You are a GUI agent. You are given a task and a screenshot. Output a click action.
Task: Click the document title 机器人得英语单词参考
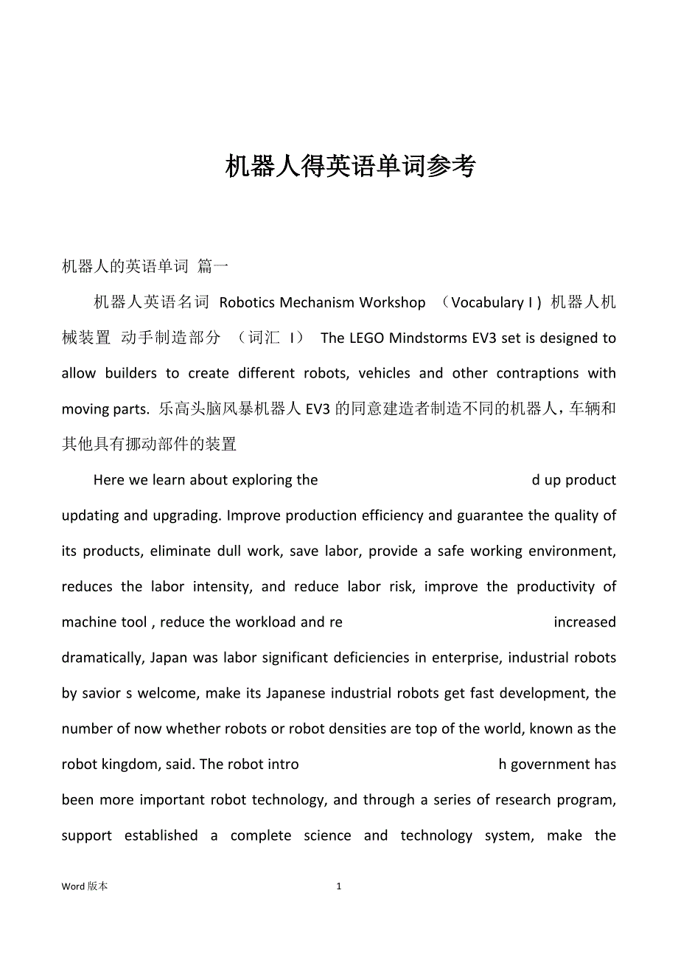tap(350, 167)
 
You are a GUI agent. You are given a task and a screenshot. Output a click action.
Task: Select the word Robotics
tap(248, 302)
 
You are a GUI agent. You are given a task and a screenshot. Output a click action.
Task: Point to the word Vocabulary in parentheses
tap(487, 302)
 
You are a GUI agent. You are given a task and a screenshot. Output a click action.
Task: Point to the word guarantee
tap(491, 516)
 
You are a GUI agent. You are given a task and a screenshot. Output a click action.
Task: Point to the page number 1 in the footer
tap(339, 887)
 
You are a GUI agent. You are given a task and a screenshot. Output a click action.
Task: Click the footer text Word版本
tap(85, 887)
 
